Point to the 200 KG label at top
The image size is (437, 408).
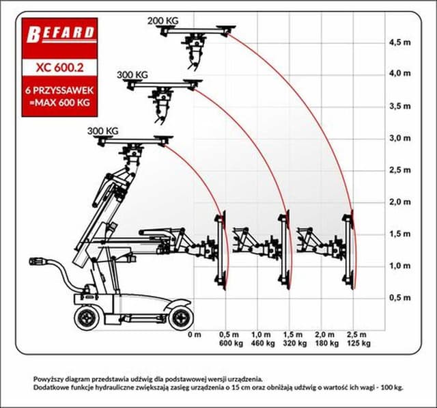pyautogui.click(x=163, y=21)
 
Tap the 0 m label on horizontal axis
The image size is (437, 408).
pyautogui.click(x=195, y=335)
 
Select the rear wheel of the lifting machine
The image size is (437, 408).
pyautogui.click(x=87, y=316)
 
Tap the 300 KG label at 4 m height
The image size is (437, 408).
pyautogui.click(x=132, y=74)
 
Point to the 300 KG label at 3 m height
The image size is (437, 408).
pyautogui.click(x=102, y=131)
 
